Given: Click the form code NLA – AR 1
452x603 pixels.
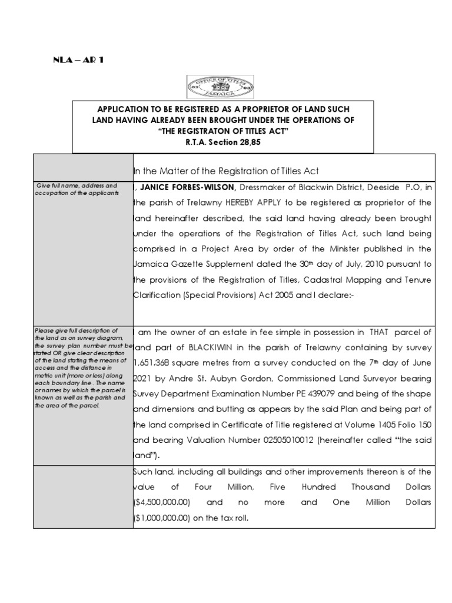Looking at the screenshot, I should coord(78,61).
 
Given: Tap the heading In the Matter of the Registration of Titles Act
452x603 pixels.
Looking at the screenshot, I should coord(227,171).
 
